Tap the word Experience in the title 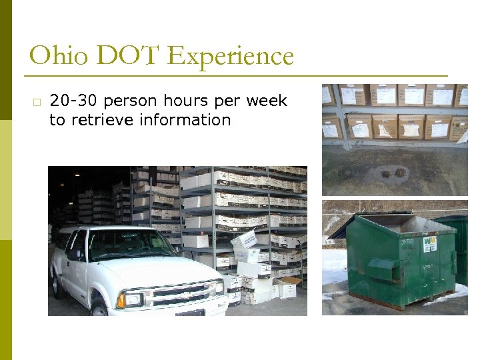pyautogui.click(x=231, y=57)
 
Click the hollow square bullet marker pyautogui.click(x=35, y=102)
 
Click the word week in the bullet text pyautogui.click(x=267, y=101)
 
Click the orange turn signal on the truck pyautogui.click(x=121, y=301)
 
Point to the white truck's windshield pyautogui.click(x=127, y=245)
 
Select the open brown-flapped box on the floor pyautogui.click(x=287, y=288)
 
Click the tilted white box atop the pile pyautogui.click(x=244, y=239)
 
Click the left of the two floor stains pyautogui.click(x=385, y=174)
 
